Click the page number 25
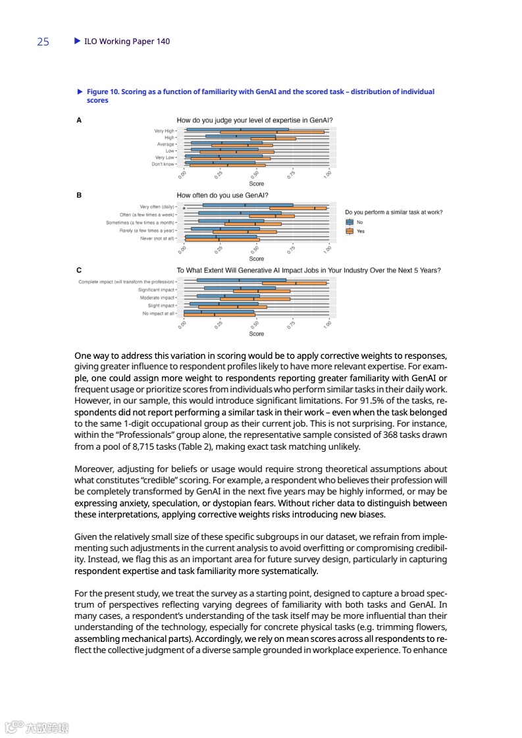(43, 41)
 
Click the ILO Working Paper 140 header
(126, 41)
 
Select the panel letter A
(80, 120)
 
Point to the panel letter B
(80, 196)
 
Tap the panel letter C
(80, 270)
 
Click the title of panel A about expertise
(254, 120)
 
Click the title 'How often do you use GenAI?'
(222, 196)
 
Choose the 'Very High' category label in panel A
(164, 131)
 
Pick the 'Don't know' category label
(163, 164)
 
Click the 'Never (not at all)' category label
(157, 238)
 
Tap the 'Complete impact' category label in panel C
(126, 282)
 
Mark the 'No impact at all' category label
(158, 313)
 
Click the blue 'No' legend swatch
(350, 223)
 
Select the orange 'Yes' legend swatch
(350, 231)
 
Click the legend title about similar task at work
(394, 212)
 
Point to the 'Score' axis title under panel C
(257, 334)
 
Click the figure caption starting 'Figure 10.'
(260, 95)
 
